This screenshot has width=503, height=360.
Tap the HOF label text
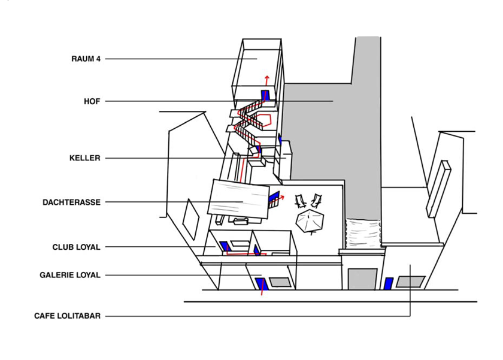pos(92,101)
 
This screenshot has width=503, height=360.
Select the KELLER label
pos(84,158)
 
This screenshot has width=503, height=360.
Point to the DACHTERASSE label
pos(71,202)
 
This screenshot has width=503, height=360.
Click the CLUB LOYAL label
pos(76,247)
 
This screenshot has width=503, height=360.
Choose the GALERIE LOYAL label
pos(70,276)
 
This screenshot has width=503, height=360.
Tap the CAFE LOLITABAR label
pos(67,316)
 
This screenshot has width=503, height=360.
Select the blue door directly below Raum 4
pos(265,95)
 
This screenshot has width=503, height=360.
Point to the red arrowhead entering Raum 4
pos(267,78)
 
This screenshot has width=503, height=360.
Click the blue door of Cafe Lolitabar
pos(389,283)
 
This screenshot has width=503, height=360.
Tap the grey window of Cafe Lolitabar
pos(411,282)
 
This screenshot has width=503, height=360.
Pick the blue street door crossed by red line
pos(260,284)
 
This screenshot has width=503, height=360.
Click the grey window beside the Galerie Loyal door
pos(279,282)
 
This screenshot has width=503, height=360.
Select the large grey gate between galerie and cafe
pos(362,279)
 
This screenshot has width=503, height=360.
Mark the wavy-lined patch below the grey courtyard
pos(363,232)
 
